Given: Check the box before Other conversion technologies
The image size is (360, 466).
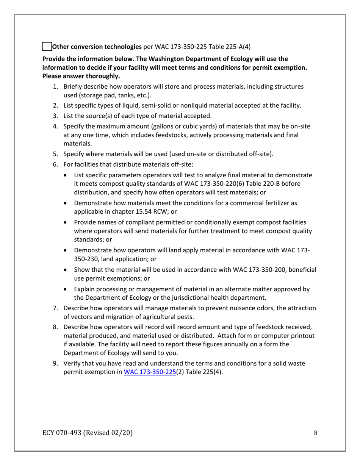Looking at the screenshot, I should point(46,47).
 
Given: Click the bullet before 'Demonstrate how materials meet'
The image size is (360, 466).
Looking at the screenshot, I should point(67,203).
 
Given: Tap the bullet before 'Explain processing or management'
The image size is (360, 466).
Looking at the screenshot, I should point(67,289).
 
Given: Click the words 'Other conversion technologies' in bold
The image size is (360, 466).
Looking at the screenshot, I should point(96,47).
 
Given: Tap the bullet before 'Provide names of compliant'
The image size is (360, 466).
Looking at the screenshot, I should point(67,222).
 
